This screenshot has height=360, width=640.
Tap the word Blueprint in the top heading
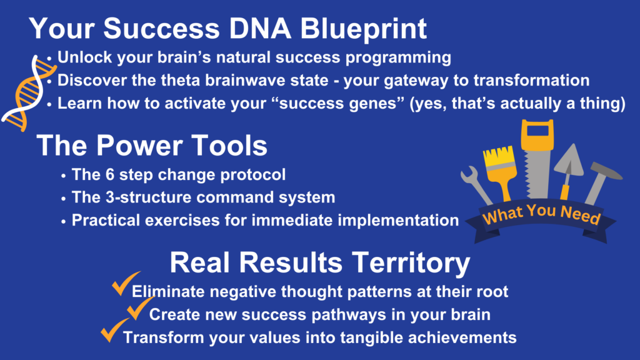363,30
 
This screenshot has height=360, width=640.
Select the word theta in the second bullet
181,81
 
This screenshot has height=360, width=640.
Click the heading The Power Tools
152,145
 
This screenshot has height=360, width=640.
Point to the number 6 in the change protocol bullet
110,175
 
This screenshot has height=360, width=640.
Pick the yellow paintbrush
499,171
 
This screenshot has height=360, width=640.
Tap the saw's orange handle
537,135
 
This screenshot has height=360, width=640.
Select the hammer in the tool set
601,182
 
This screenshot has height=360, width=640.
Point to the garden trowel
569,171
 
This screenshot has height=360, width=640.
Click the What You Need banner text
541,214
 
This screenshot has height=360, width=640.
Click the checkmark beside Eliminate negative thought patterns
126,283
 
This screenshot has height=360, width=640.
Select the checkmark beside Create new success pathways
141,307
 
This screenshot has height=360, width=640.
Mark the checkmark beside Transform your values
115,330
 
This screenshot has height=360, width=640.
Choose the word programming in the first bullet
398,58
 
